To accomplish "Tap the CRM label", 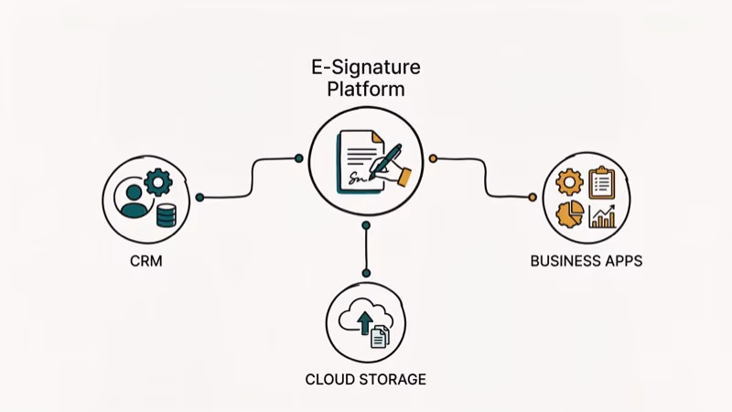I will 145,261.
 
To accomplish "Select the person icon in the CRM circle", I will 134,201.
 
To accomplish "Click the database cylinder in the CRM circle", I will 166,215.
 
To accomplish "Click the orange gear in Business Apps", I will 570,183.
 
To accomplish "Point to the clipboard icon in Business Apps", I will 601,181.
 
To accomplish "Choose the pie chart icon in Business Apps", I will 570,214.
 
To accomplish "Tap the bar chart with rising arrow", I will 602,215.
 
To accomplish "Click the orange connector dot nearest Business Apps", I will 533,197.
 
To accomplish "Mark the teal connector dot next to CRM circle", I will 199,197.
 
